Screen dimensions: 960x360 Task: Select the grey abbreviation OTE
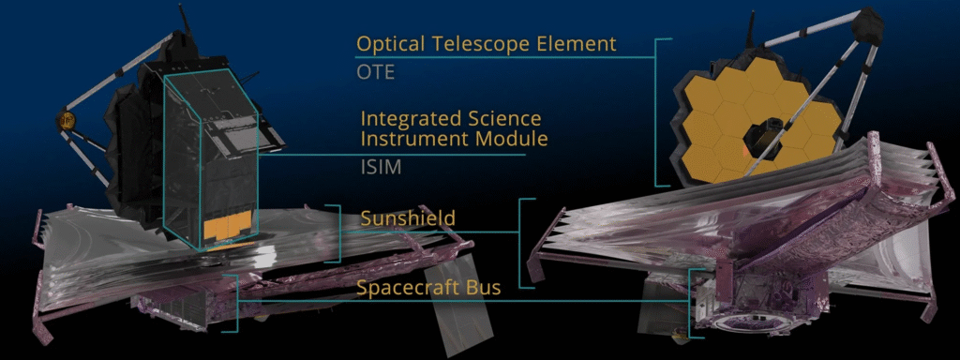[x=375, y=73]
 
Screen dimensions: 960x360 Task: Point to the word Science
[x=503, y=117]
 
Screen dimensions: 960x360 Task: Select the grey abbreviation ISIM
[x=380, y=167]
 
